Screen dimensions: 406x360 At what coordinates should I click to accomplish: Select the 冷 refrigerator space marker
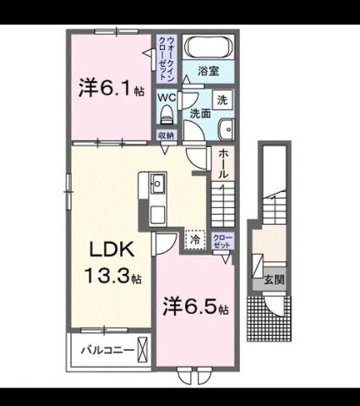tap(195, 240)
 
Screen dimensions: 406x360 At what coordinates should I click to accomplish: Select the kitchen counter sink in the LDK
tap(157, 181)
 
